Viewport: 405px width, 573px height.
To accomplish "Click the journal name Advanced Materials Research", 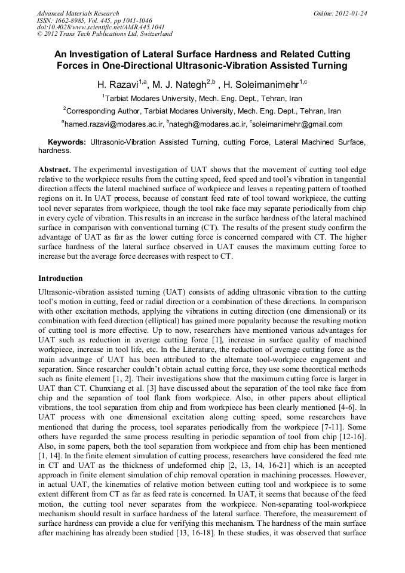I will coord(78,13).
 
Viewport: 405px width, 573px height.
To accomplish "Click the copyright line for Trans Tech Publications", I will coord(105,35).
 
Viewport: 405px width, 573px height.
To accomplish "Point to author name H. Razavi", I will coord(118,84).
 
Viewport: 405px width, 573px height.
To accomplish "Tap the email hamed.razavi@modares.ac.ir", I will coord(114,124).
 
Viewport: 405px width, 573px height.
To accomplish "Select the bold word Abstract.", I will coord(55,170).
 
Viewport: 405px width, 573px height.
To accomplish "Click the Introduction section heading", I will coord(60,278).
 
